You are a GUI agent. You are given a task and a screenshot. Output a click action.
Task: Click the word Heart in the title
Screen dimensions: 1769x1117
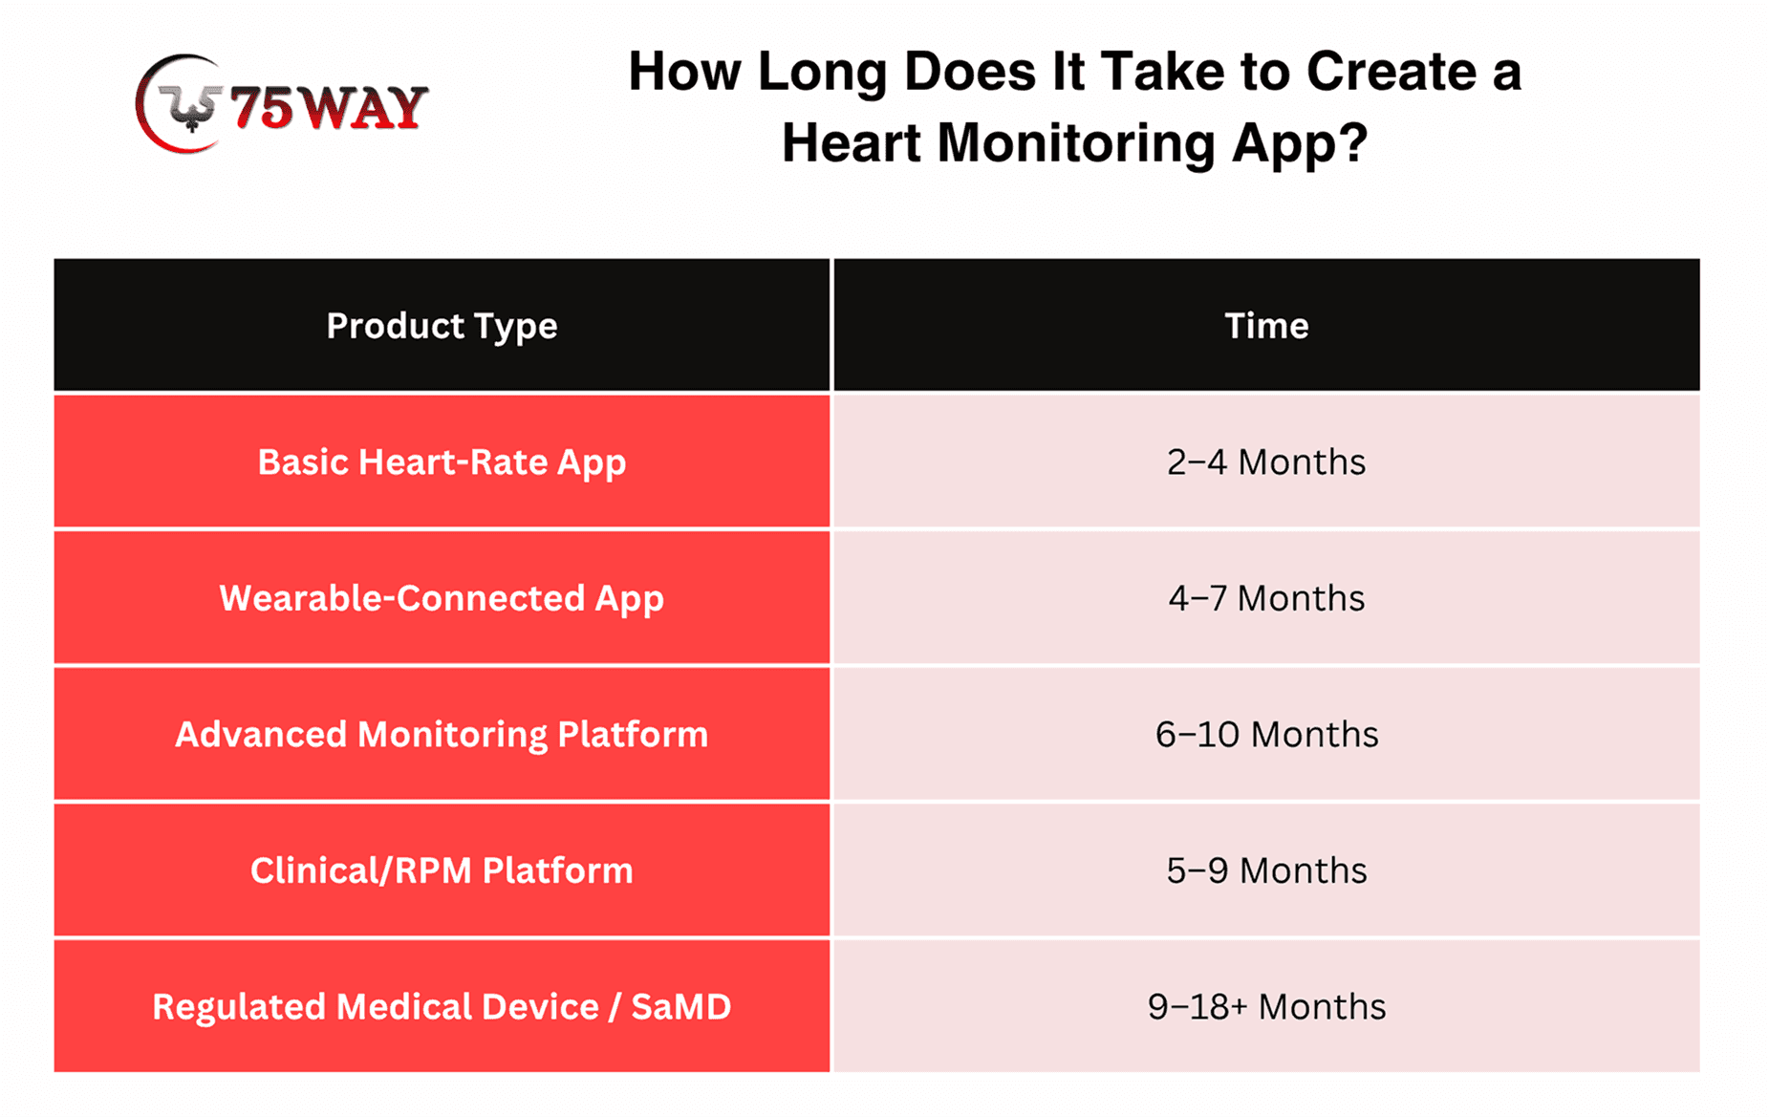[x=852, y=143]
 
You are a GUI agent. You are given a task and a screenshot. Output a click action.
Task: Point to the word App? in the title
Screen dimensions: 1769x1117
[x=1300, y=145]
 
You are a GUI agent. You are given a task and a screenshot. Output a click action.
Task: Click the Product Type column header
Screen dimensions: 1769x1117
[x=442, y=327]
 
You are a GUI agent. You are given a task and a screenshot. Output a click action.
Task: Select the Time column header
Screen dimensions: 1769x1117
[x=1266, y=326]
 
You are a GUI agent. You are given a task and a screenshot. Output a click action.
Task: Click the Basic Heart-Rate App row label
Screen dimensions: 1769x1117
[x=442, y=463]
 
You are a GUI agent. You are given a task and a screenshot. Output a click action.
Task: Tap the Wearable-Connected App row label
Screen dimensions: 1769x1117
[x=442, y=599]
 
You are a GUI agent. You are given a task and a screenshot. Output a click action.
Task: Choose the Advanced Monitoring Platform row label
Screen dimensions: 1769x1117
[x=442, y=735]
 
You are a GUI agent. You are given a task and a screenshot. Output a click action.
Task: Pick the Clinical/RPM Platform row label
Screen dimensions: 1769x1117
[x=442, y=870]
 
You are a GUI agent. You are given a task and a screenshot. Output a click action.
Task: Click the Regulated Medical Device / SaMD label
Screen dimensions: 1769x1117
[x=442, y=1006]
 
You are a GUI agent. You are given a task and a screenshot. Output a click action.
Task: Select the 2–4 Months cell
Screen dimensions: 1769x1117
[x=1266, y=462]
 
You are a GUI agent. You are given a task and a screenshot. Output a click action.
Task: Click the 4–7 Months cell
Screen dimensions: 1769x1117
[x=1266, y=598]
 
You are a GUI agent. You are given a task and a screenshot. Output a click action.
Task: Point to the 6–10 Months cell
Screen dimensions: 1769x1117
[x=1266, y=735]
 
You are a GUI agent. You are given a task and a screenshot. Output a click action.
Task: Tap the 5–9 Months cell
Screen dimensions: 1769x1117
[x=1266, y=870]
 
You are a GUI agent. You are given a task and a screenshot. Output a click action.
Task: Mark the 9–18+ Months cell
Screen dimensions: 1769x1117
[x=1266, y=1006]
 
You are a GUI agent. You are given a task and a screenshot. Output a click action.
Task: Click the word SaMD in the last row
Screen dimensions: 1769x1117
[x=681, y=1006]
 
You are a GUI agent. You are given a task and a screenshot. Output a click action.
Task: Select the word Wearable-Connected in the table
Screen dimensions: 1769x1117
[x=401, y=598]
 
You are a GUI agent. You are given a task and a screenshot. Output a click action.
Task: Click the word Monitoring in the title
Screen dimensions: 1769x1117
[x=1076, y=145]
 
